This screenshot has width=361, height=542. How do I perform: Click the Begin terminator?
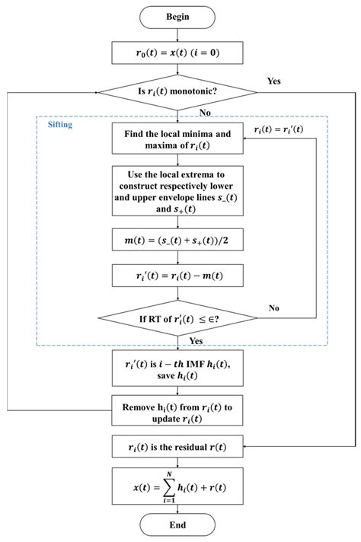pos(178,17)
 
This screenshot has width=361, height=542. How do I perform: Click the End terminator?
pos(178,525)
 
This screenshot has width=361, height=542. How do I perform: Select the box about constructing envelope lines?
pos(178,190)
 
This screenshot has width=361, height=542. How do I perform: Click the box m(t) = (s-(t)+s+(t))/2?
pos(178,241)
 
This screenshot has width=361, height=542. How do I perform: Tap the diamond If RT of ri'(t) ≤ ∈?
pos(178,320)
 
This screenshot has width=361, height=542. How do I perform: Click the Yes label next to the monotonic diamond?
pos(275,80)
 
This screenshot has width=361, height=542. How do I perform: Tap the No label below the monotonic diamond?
pos(205,111)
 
